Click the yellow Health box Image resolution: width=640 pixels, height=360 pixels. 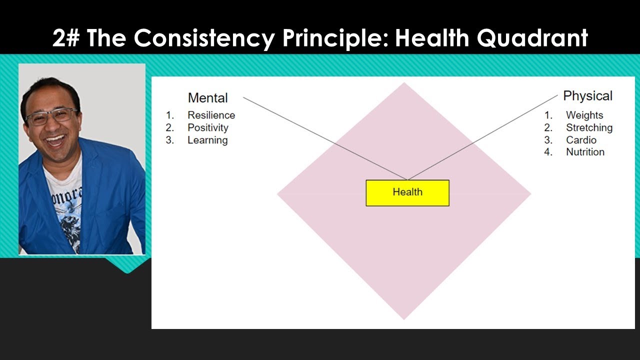pyautogui.click(x=407, y=192)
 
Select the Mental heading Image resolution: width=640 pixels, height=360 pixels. pyautogui.click(x=207, y=98)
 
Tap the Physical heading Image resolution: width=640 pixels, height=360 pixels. pyautogui.click(x=587, y=96)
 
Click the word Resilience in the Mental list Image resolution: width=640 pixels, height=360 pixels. pyautogui.click(x=211, y=115)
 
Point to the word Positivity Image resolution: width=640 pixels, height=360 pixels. pyautogui.click(x=207, y=128)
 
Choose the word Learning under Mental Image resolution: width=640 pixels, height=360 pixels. pyautogui.click(x=207, y=140)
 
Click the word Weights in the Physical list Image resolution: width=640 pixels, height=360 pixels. pyautogui.click(x=584, y=115)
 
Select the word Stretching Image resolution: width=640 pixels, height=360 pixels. pyautogui.click(x=589, y=128)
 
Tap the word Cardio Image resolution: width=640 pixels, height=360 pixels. pyautogui.click(x=581, y=140)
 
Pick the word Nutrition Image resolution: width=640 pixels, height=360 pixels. pyautogui.click(x=585, y=152)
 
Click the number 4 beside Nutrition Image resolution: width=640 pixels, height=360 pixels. pyautogui.click(x=548, y=152)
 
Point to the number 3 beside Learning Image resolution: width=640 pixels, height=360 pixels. pyautogui.click(x=169, y=140)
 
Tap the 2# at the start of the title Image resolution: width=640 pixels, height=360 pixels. pyautogui.click(x=67, y=38)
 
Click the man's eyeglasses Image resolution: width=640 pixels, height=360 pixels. pyautogui.click(x=51, y=116)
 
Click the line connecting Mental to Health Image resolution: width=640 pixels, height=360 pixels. pyautogui.click(x=325, y=138)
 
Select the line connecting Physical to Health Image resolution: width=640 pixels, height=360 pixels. pyautogui.click(x=482, y=137)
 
